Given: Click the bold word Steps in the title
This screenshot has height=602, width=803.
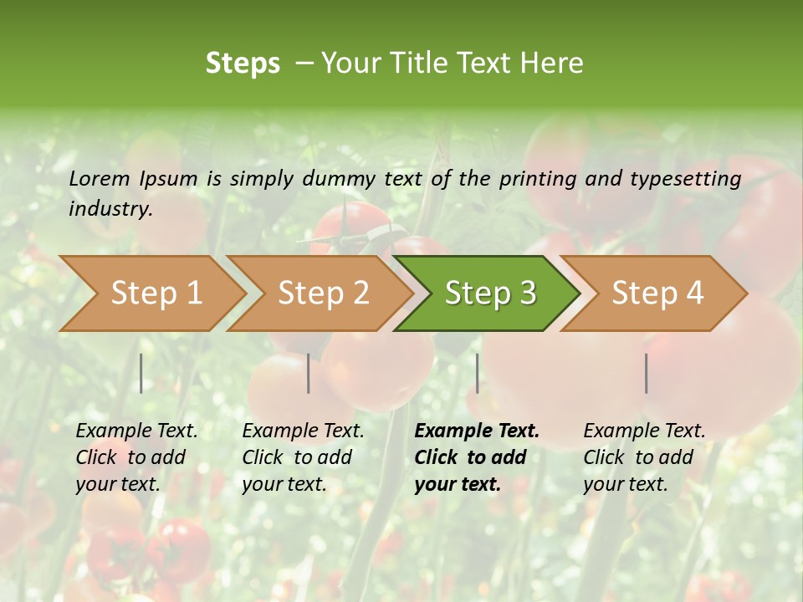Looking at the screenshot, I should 243,64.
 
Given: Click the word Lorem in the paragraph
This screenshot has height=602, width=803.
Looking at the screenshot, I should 100,178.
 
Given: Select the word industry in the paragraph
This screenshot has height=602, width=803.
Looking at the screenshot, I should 110,209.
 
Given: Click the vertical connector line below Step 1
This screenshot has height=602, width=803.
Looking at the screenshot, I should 141,373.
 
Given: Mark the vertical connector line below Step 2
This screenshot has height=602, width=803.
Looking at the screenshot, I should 309,373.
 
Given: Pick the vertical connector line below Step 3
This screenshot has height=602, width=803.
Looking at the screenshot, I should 477,373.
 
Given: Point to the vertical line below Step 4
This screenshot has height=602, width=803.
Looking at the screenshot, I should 646,373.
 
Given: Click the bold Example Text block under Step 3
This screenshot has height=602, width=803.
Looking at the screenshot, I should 477,457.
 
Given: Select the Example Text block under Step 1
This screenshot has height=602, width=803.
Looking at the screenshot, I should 136,457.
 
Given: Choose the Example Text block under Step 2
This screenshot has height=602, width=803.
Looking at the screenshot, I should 303,457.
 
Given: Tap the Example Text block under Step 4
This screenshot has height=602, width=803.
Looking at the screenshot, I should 644,457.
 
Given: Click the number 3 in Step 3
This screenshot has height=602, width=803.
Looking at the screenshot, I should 527,293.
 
